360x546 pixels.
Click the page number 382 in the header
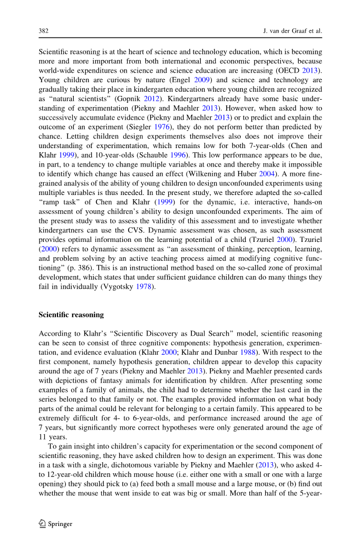click(44, 31)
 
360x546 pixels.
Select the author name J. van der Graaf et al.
click(292, 31)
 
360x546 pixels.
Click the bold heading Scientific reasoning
click(71, 315)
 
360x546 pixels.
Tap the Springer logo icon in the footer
click(43, 524)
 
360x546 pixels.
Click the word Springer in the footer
click(60, 524)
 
